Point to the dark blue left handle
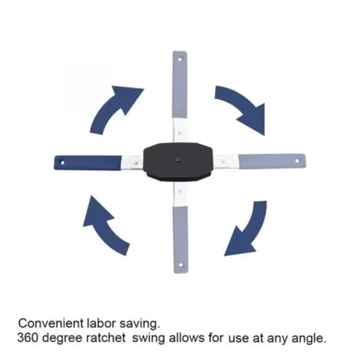[89, 163]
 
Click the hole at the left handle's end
[64, 163]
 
